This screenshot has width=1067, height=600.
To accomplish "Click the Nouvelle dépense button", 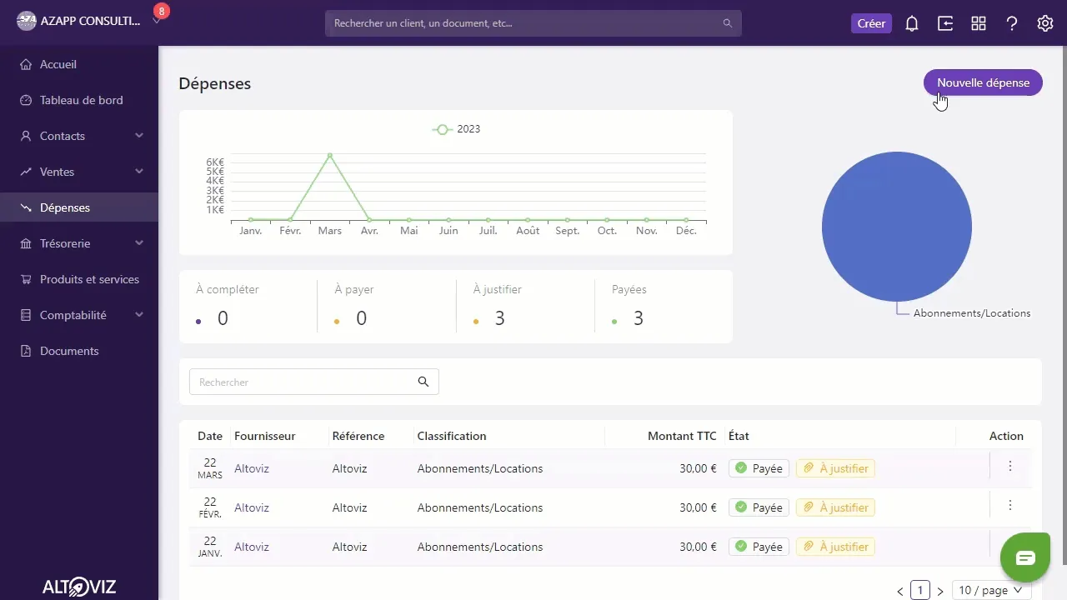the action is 983,82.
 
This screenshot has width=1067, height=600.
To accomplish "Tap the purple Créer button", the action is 871,23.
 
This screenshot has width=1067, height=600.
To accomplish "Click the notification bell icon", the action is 912,23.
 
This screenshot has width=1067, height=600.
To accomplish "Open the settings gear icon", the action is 1045,23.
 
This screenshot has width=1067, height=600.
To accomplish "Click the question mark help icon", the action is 1012,23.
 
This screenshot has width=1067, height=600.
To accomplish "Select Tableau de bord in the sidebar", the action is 81,100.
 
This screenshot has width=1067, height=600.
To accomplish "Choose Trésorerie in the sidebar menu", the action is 65,243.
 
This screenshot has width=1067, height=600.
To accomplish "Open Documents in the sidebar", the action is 69,351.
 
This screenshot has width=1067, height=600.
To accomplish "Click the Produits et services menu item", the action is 89,279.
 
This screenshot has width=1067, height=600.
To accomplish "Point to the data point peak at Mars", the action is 329,156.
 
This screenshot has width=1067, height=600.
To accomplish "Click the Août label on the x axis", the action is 528,231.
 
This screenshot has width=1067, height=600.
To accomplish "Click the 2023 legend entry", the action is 456,129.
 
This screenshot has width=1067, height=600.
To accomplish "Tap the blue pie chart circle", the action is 896,227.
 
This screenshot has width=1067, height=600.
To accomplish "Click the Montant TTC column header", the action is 682,436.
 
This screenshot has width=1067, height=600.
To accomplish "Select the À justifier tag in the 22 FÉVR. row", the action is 835,507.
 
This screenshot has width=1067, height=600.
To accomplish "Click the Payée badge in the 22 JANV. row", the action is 759,547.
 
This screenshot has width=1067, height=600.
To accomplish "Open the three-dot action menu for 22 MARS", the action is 1009,466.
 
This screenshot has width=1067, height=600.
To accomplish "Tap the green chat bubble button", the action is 1025,557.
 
